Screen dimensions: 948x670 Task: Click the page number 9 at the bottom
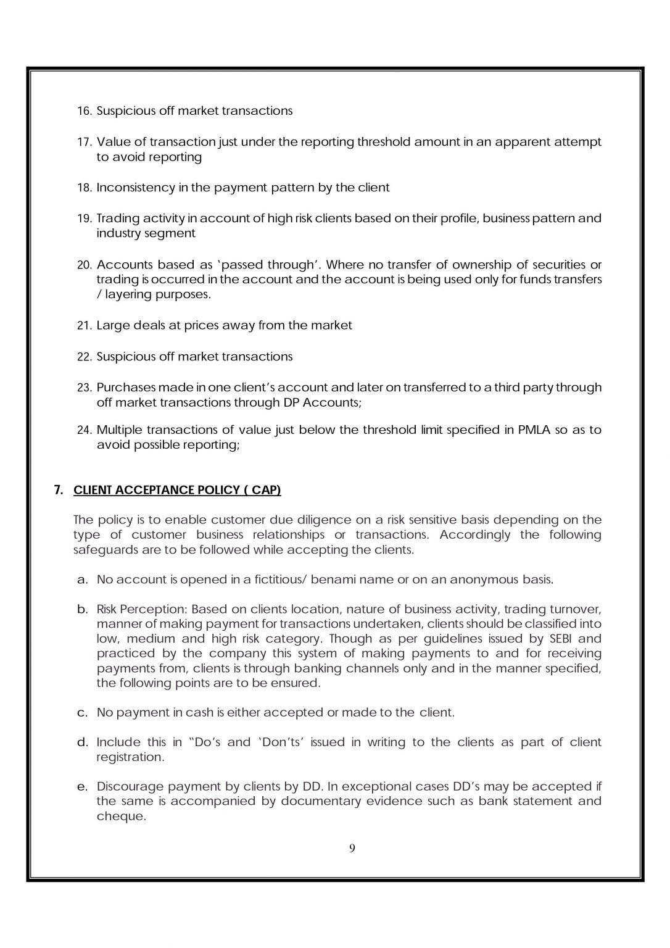(x=352, y=848)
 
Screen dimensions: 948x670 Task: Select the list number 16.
(x=85, y=111)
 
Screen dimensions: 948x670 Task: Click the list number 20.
(x=85, y=265)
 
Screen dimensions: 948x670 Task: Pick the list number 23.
(x=85, y=388)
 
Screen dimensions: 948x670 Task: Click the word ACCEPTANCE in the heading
(x=149, y=490)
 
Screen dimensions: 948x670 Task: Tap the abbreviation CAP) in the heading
(x=267, y=490)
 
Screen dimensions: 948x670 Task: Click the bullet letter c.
(x=82, y=713)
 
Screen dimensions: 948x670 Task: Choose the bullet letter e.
(x=82, y=787)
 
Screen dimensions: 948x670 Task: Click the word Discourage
(x=130, y=787)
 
